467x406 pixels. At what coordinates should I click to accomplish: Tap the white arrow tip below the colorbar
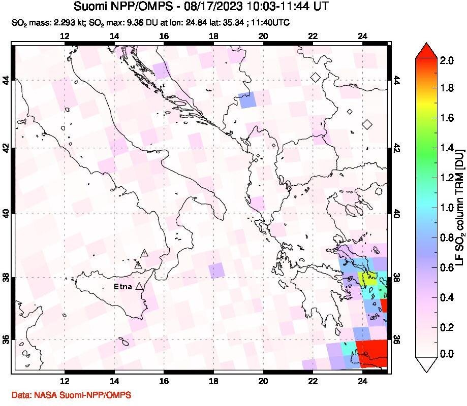426,363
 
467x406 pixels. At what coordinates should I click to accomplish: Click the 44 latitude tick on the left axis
7,80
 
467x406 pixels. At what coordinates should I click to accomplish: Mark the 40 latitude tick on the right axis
397,214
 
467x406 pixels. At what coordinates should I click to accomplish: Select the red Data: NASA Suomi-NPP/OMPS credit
71,395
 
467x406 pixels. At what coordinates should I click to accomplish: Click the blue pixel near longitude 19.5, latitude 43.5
248,100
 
